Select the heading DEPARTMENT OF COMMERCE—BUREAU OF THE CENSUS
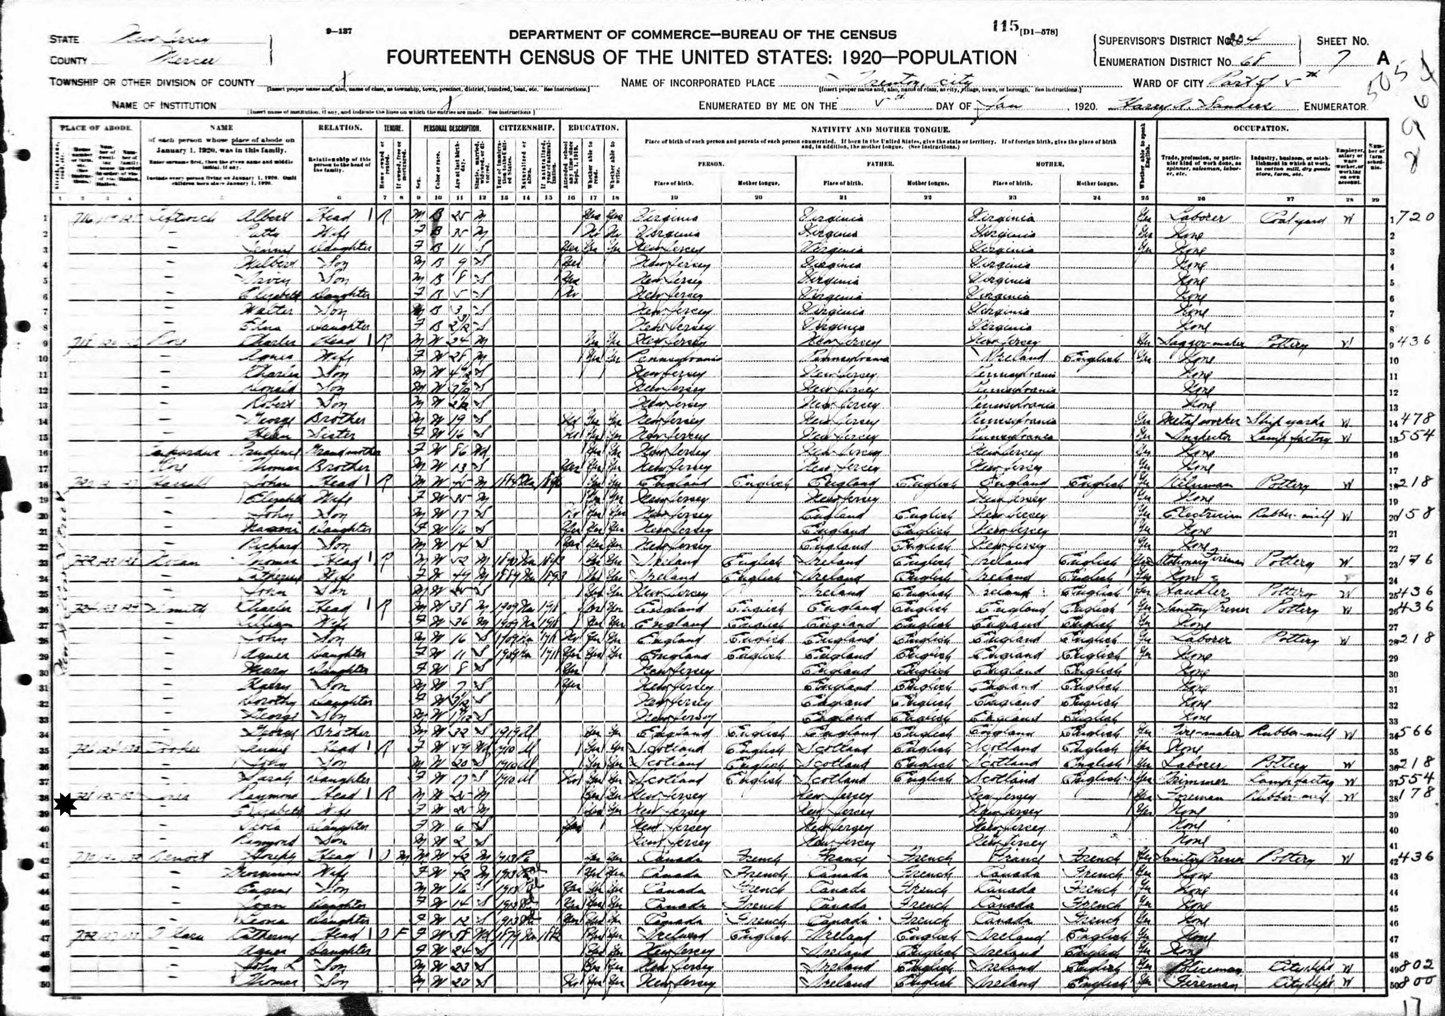[x=702, y=35]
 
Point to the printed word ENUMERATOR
[x=1334, y=106]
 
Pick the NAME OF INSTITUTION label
[x=164, y=106]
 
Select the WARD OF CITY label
[x=1168, y=83]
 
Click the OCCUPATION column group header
[x=1260, y=128]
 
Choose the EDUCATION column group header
[x=594, y=128]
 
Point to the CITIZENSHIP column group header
[x=525, y=128]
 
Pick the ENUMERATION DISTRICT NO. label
[x=1164, y=62]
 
